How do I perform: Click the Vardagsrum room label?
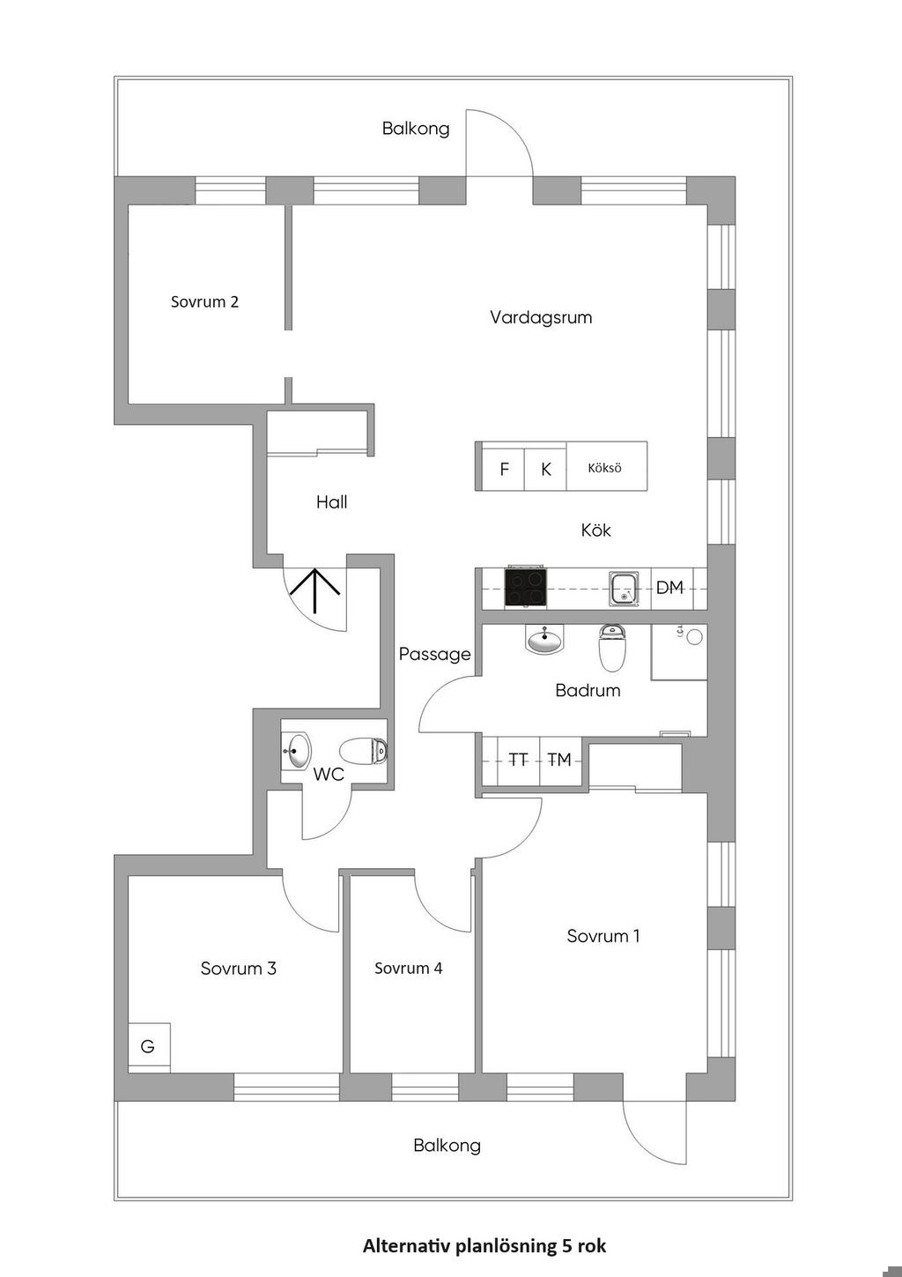click(x=541, y=317)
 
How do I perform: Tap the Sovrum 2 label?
click(x=204, y=301)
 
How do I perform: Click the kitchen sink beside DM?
click(x=625, y=588)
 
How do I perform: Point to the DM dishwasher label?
click(x=669, y=588)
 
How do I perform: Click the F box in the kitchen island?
click(x=504, y=469)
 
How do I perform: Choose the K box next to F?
click(x=546, y=469)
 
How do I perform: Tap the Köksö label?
click(x=605, y=468)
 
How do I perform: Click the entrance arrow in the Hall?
click(x=315, y=590)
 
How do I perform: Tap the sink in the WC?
click(x=297, y=752)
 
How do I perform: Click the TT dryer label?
click(x=518, y=759)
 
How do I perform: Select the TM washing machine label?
click(x=559, y=759)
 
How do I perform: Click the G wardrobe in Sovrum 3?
click(x=149, y=1046)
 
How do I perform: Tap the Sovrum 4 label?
click(x=409, y=969)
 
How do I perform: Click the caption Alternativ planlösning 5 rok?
click(x=484, y=1246)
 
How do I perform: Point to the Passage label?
click(x=434, y=654)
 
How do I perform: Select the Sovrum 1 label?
click(x=603, y=936)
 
